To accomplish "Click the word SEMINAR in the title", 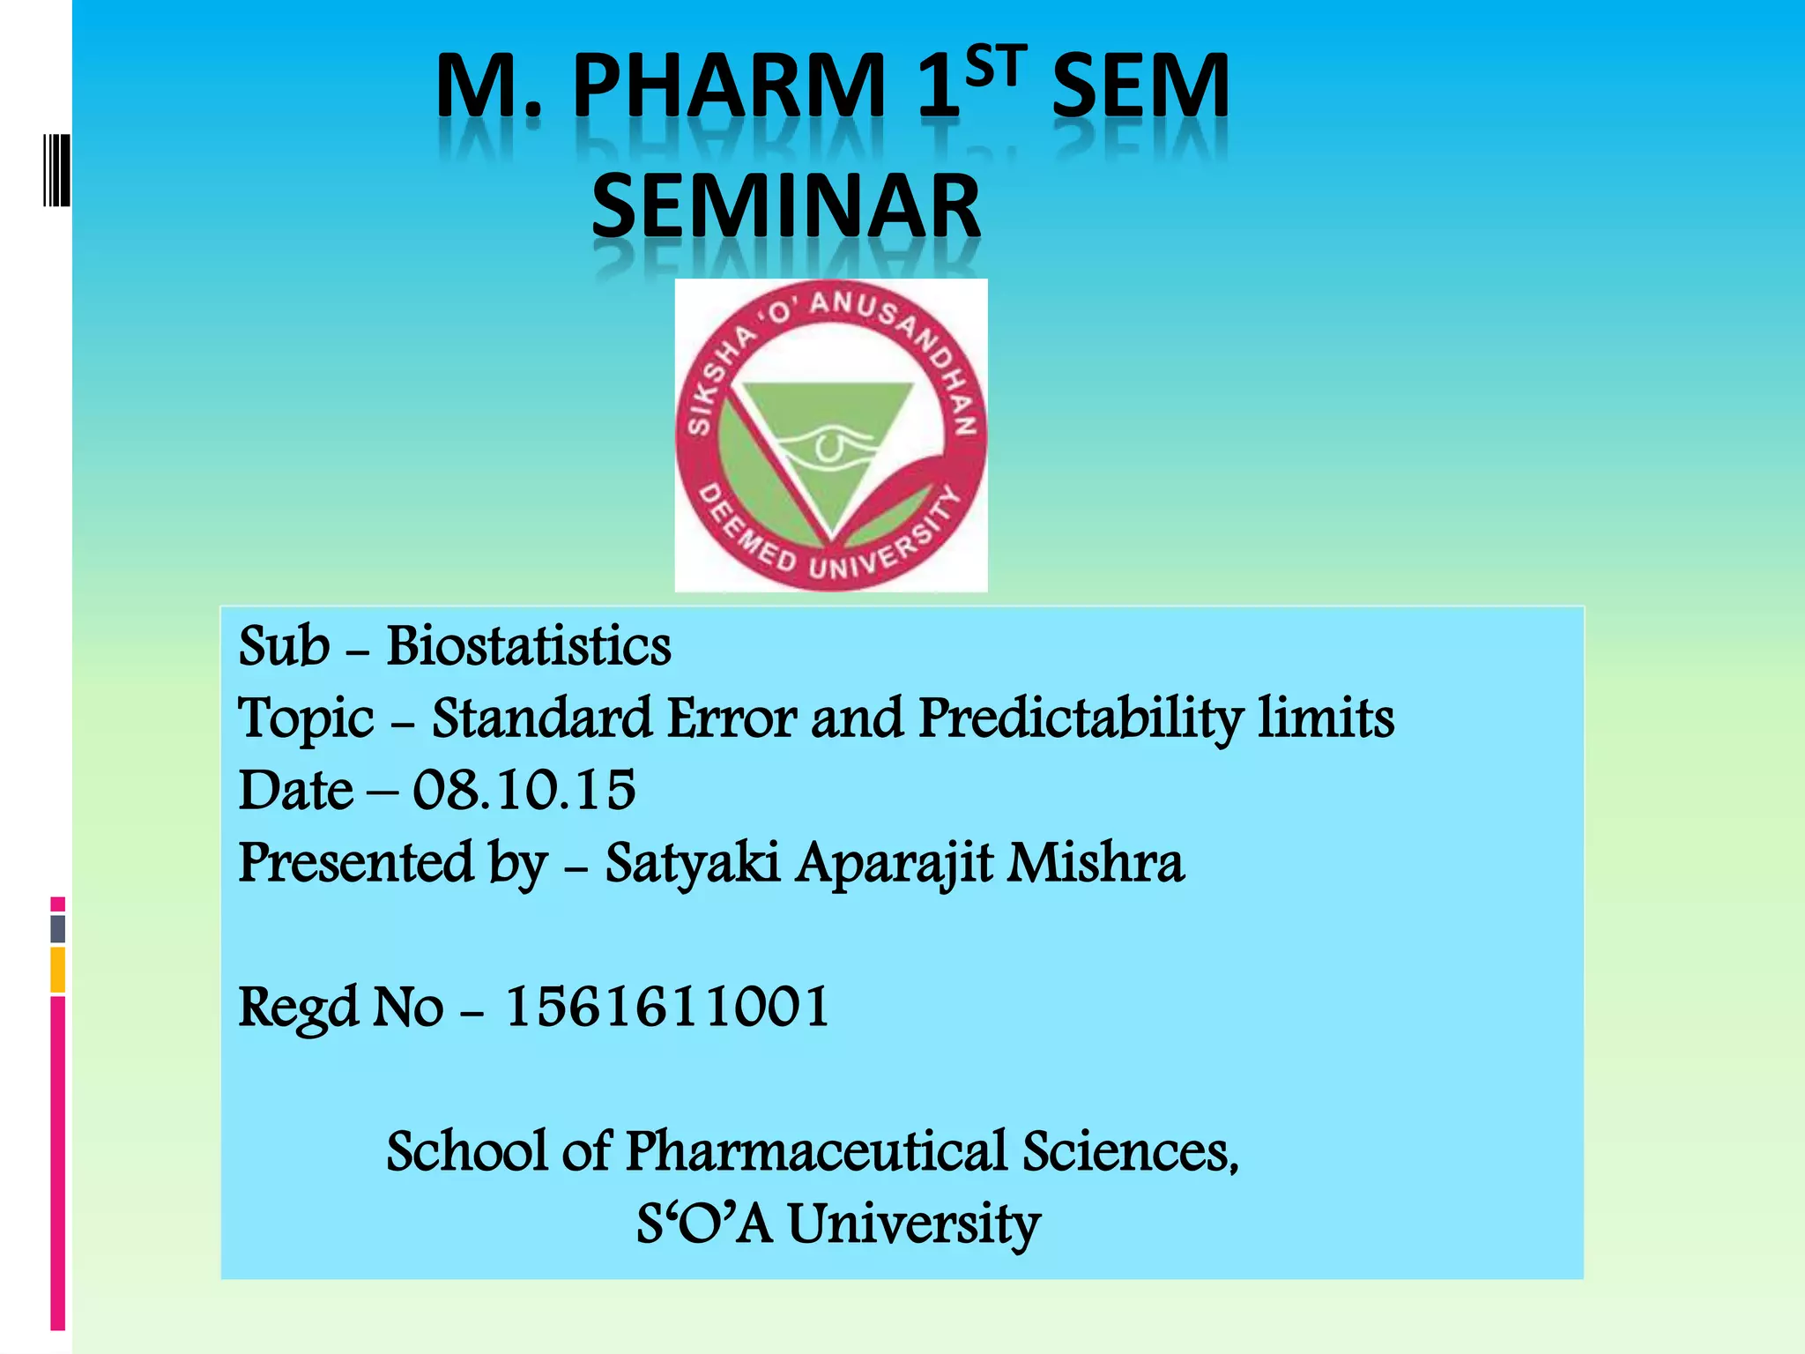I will (785, 207).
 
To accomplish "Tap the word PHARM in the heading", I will (729, 86).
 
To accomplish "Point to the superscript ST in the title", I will (996, 67).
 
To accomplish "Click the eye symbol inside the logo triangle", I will (828, 446).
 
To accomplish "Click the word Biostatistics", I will (529, 646).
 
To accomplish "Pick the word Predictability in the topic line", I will (1080, 718).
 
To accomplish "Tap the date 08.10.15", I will (524, 789).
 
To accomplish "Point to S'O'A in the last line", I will (704, 1224).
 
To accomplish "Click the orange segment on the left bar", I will (58, 970).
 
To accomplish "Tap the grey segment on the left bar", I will (58, 928).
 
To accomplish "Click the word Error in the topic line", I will (732, 718).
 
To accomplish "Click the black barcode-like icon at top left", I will (56, 170).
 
